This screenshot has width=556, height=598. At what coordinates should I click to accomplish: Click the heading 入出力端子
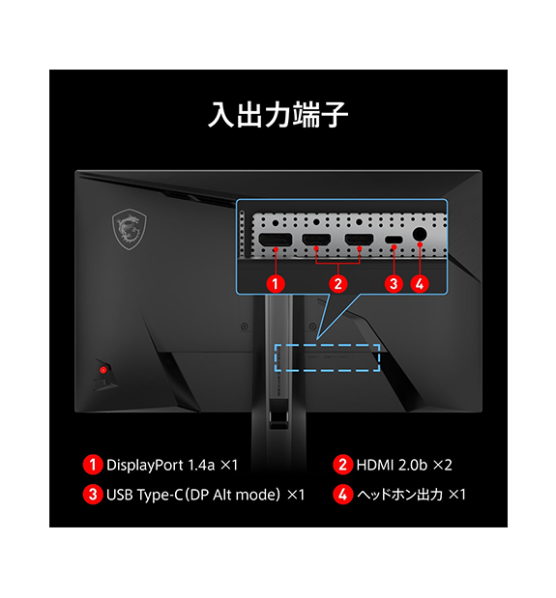click(278, 114)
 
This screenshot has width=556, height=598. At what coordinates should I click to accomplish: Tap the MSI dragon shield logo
click(129, 229)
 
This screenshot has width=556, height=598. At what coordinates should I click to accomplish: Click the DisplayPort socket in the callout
click(276, 240)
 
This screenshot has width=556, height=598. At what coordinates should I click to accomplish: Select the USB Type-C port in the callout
click(394, 240)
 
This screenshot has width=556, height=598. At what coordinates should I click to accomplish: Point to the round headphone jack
click(420, 234)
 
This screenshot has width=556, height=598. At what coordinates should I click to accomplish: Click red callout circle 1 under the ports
click(276, 284)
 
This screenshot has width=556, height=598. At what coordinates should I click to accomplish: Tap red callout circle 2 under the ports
click(337, 284)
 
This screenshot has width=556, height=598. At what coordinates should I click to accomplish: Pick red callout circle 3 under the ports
click(394, 284)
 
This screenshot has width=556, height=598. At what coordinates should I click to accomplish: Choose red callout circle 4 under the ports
click(420, 284)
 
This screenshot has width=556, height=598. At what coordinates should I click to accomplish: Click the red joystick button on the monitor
click(103, 370)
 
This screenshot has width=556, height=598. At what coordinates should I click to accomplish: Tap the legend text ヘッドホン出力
click(400, 495)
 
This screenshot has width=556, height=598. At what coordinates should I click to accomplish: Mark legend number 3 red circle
click(93, 495)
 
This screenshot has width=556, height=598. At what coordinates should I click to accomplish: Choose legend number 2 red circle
click(342, 465)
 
